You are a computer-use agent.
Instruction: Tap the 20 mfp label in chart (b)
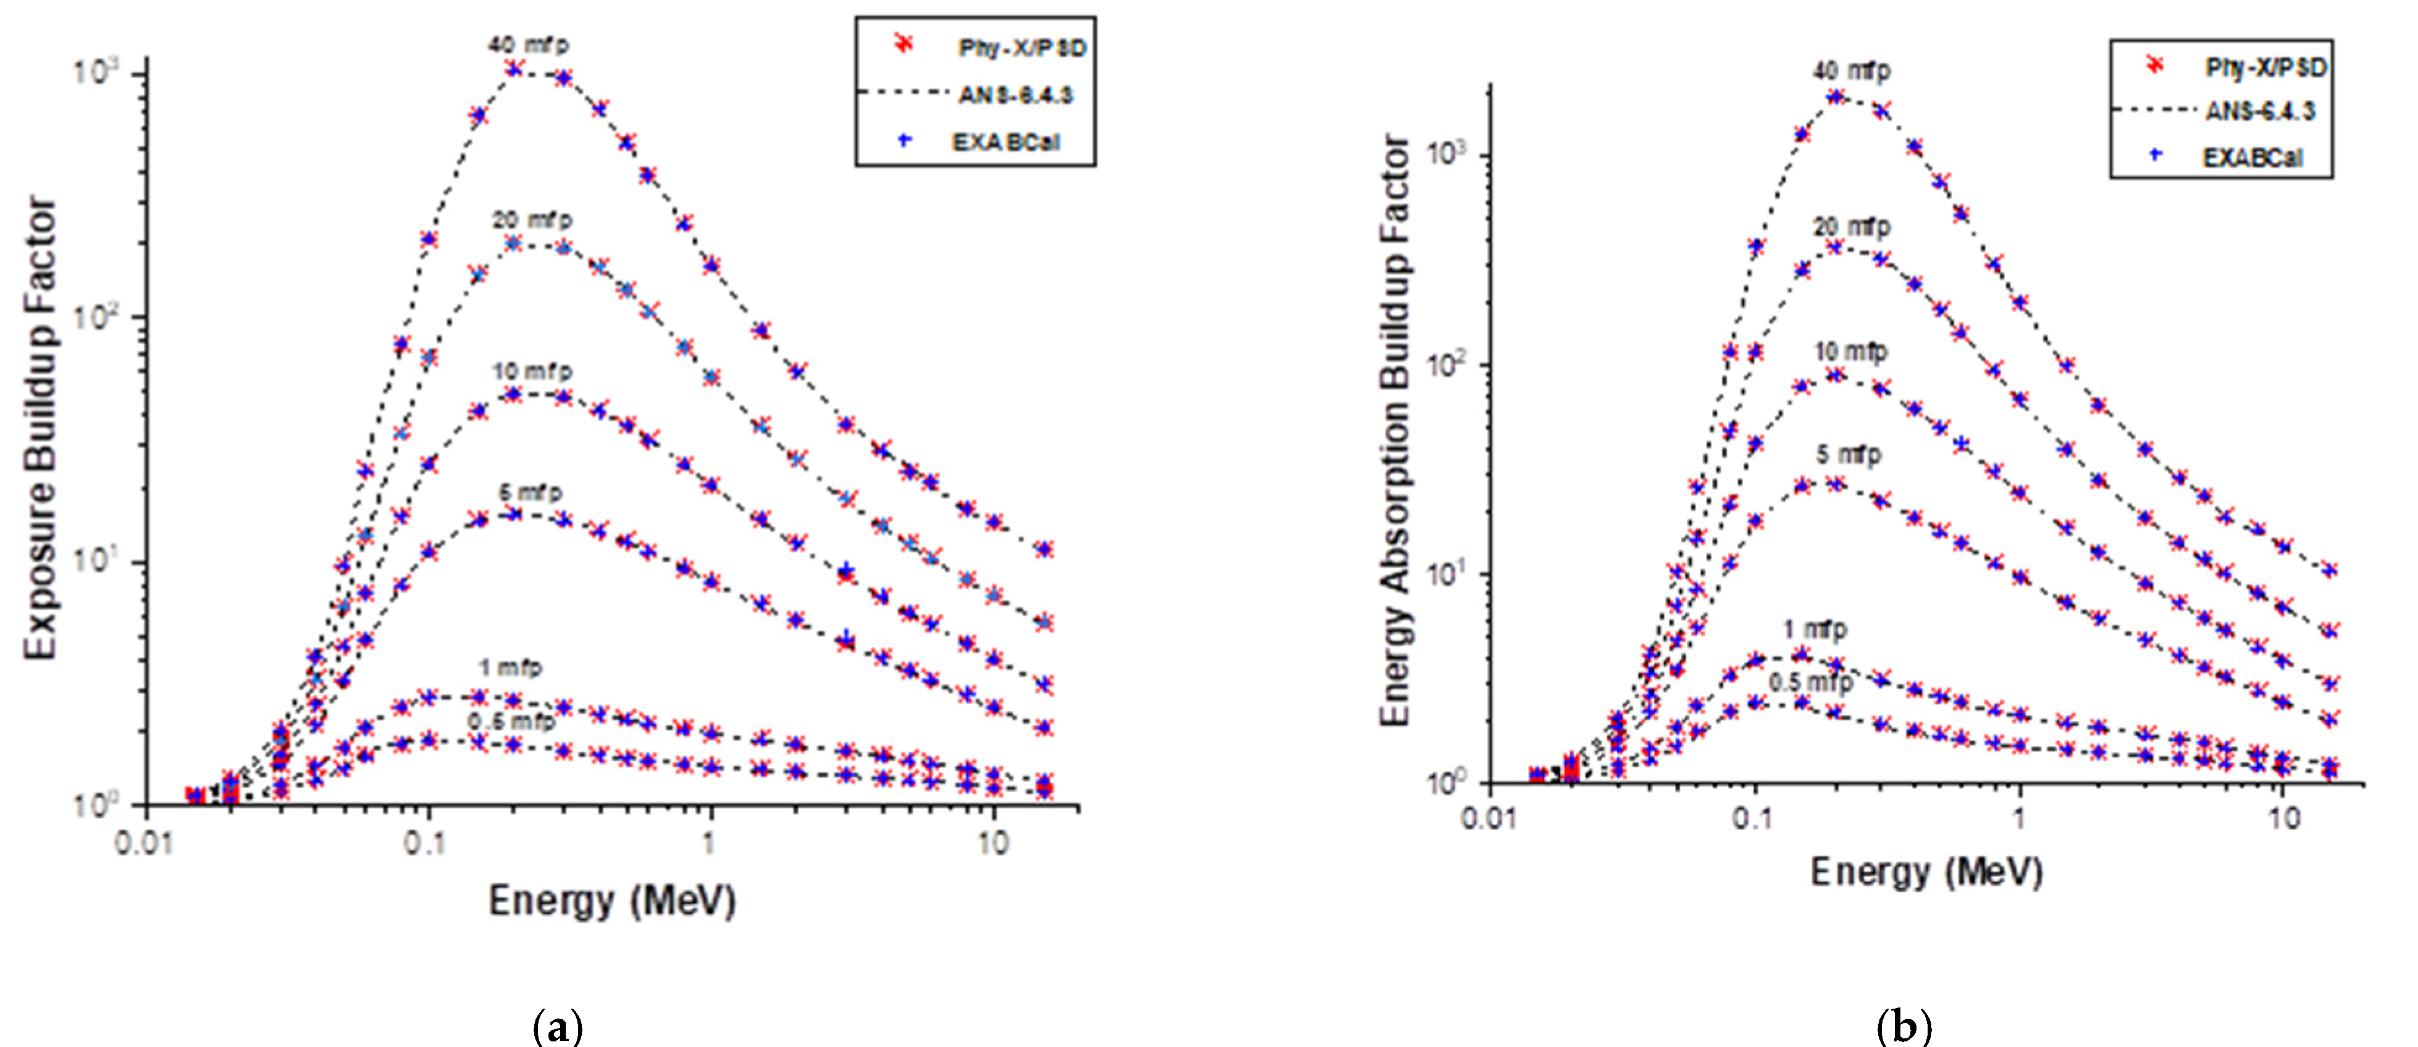(x=1851, y=227)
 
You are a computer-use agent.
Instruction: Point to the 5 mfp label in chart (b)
(x=1848, y=454)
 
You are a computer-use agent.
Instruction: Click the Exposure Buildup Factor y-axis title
(x=40, y=427)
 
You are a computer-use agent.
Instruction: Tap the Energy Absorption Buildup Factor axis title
(x=1396, y=432)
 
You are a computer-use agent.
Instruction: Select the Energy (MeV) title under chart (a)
(x=612, y=902)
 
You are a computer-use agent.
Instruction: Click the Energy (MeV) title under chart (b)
(x=1926, y=872)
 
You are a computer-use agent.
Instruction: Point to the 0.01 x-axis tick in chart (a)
(x=144, y=842)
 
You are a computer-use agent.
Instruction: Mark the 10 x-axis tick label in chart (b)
(x=2285, y=819)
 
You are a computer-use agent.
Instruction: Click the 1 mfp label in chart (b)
(x=1815, y=629)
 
